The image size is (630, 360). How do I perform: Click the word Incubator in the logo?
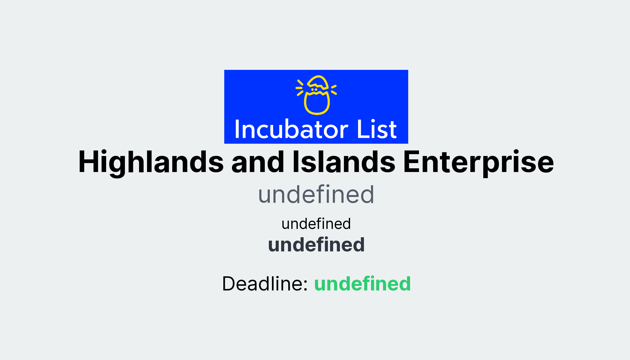point(291,130)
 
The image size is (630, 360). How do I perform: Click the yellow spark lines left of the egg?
point(300,88)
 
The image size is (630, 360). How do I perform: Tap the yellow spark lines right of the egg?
point(334,90)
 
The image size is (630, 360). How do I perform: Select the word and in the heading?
point(258,162)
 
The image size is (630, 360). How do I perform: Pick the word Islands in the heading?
point(344,162)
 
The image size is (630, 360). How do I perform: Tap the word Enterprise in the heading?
point(478,162)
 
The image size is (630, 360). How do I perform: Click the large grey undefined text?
point(316,194)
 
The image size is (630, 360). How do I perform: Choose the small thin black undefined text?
point(316,224)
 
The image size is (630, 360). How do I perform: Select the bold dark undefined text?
point(316,245)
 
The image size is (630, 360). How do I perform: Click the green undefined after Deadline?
point(362,283)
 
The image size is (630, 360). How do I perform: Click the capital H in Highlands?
point(90,162)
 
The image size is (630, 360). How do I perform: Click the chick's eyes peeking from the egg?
point(314,90)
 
